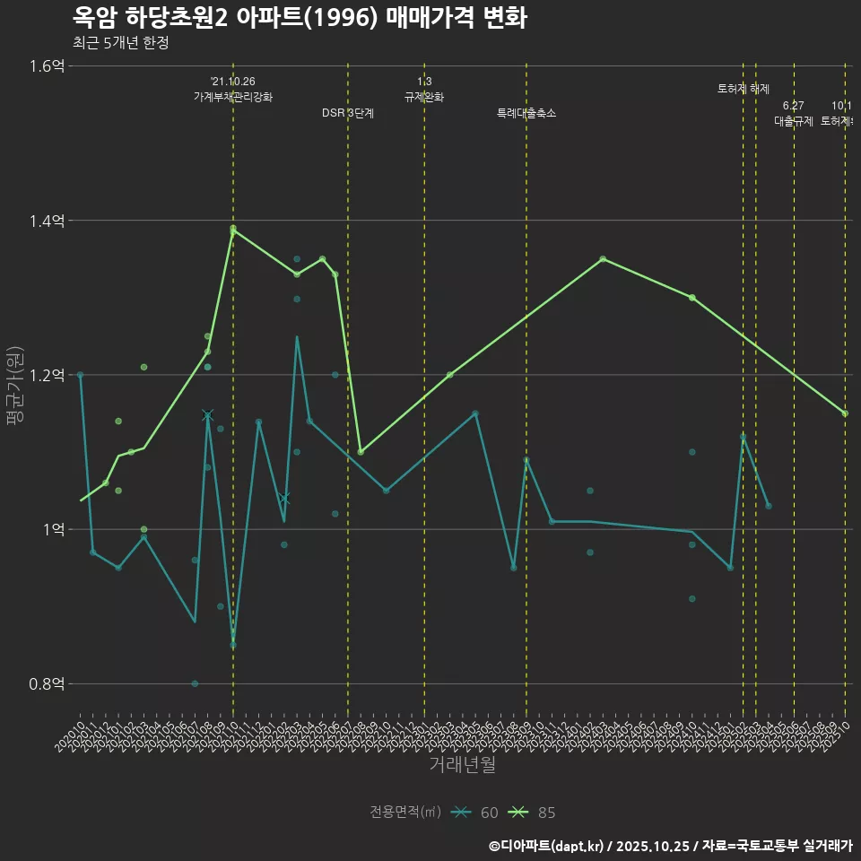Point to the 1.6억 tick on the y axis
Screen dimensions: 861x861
47,65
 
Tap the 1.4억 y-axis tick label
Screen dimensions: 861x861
47,221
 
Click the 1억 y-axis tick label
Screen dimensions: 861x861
52,529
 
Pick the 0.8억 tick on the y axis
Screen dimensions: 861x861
47,683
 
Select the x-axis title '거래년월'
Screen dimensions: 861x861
462,765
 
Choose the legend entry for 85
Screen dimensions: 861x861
533,813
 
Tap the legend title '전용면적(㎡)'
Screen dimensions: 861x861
405,813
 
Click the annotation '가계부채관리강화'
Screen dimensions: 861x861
233,97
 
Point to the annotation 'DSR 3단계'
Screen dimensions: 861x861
348,113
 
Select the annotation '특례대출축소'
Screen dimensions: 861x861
526,113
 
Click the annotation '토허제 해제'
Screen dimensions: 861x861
744,89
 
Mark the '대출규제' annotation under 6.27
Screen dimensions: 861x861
794,121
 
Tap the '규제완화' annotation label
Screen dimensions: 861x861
424,97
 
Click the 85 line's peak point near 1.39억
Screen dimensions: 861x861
233,230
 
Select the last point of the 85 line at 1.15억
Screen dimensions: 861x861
845,413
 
